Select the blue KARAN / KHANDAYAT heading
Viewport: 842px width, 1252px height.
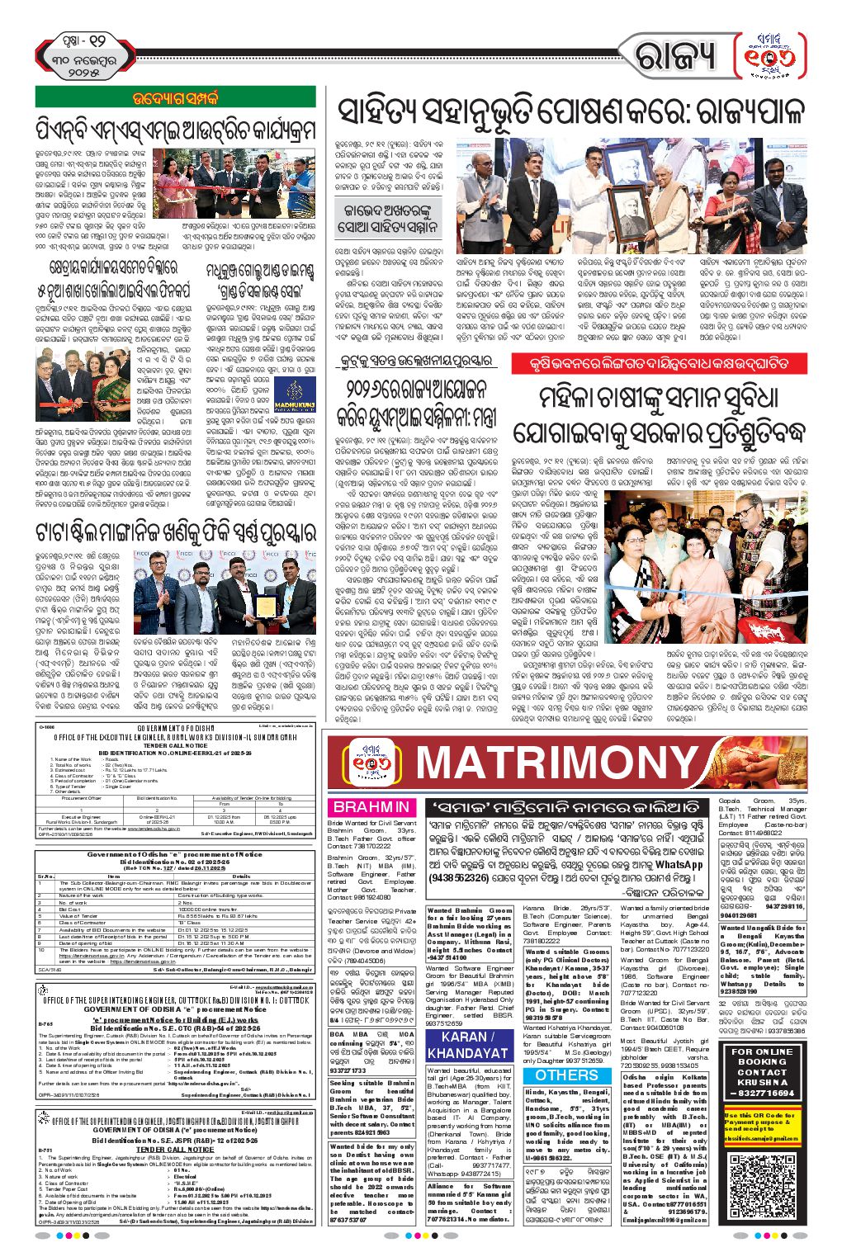[x=463, y=1044]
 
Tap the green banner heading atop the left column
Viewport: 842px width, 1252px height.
[x=175, y=97]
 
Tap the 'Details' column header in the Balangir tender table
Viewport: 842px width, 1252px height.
[x=240, y=876]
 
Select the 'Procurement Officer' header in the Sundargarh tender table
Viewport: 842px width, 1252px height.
[x=82, y=798]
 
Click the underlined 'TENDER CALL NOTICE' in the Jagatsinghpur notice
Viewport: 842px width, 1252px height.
[x=174, y=1149]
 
